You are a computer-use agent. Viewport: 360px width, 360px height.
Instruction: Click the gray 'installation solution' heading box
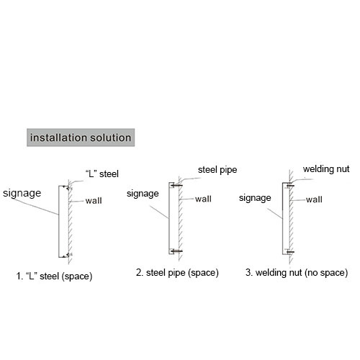coord(81,138)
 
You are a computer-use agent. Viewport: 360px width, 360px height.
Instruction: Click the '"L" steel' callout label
coord(102,174)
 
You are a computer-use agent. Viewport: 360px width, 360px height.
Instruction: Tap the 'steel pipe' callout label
coord(217,170)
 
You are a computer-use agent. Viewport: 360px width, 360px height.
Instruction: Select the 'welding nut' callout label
coord(326,169)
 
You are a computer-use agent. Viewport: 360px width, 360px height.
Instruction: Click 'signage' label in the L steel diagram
coord(22,194)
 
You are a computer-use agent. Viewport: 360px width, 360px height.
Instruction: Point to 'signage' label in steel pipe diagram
coord(143,194)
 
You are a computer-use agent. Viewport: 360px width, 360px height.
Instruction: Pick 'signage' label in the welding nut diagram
coord(255,198)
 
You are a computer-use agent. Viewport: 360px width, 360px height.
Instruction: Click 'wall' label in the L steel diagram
coord(94,200)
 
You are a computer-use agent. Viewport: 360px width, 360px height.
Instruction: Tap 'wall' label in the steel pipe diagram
coord(203,199)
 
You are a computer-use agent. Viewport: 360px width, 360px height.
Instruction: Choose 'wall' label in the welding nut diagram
coord(314,199)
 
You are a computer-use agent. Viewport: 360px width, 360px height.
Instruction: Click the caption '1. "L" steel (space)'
coord(54,276)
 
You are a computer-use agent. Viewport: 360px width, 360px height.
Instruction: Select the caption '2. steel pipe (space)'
coord(177,273)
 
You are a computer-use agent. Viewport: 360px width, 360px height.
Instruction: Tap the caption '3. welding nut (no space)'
coord(297,273)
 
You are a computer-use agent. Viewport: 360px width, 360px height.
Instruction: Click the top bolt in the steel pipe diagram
coord(177,186)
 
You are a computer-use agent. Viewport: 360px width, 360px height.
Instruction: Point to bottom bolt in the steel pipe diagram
coord(177,251)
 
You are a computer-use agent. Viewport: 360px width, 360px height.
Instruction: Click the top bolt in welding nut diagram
coord(290,186)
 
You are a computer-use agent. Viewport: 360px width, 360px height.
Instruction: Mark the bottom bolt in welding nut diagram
coord(290,252)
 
